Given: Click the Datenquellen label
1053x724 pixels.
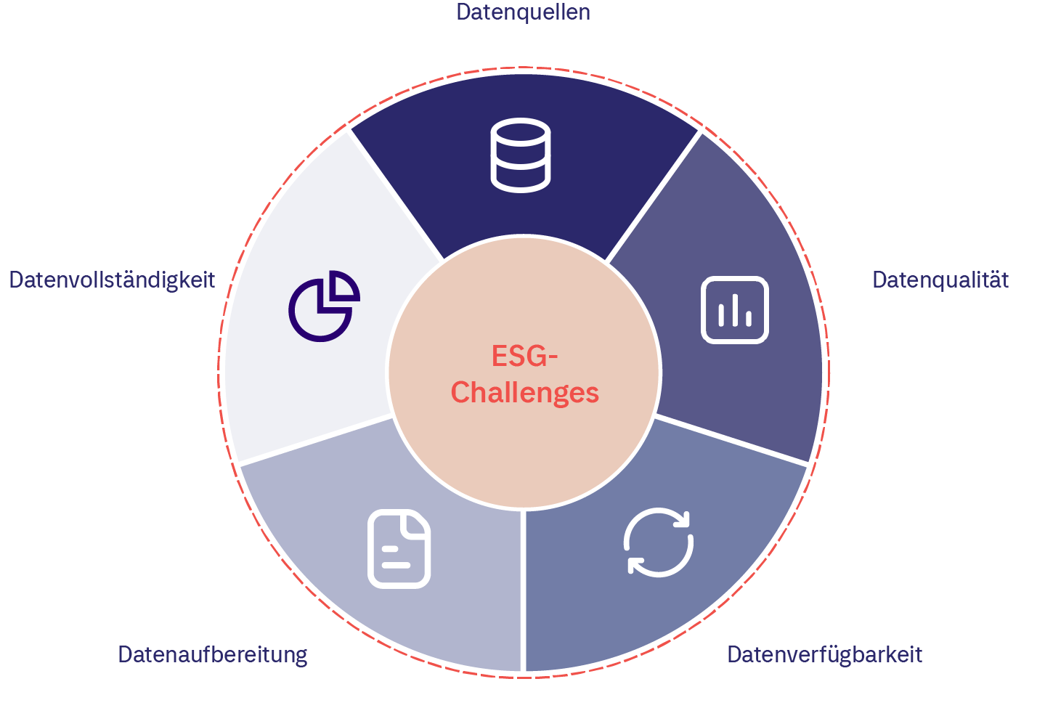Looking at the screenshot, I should tap(523, 12).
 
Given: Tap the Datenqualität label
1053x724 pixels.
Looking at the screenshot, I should tap(940, 280).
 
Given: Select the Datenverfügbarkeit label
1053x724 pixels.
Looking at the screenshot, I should tap(824, 655).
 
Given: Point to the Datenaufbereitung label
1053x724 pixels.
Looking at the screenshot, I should tap(213, 655).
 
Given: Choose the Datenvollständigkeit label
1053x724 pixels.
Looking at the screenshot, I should tap(112, 280).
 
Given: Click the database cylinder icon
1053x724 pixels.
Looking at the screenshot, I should tap(521, 155).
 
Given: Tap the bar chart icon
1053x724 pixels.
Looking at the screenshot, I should tap(735, 309).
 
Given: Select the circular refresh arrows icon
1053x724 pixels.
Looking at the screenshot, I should tap(659, 543).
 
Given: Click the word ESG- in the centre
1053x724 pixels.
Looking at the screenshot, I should tap(524, 357).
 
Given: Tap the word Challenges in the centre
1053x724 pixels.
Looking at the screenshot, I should tap(524, 393).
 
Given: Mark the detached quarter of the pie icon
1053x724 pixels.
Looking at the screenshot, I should tap(342, 288).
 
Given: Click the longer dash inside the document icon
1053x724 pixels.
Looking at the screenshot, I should tap(397, 564).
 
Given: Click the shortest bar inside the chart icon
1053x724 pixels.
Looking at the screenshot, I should tap(749, 318).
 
